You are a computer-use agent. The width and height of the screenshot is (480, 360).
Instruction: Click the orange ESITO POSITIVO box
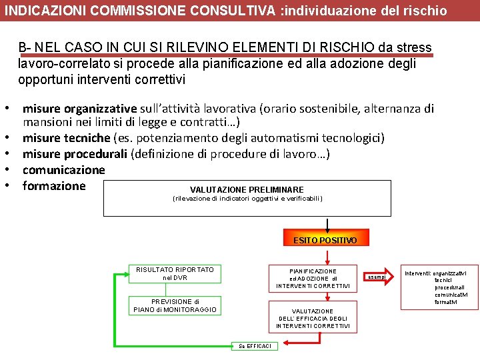point(325,240)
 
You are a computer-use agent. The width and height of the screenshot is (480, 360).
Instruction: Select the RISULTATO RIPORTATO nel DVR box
point(175,273)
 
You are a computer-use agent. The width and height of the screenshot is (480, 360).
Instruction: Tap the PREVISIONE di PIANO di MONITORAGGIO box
point(175,305)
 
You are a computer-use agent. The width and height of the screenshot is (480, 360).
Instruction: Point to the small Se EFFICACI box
point(256,345)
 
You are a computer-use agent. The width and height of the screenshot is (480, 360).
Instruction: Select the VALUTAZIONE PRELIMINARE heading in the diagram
point(247,189)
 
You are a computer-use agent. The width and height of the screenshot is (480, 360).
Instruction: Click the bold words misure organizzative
point(79,109)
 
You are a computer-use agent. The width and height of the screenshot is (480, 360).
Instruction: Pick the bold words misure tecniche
point(66,138)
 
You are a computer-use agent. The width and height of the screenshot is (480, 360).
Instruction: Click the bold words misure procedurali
point(75,154)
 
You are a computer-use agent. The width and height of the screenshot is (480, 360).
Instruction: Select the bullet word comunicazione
point(63,170)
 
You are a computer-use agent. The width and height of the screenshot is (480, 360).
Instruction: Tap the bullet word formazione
point(54,186)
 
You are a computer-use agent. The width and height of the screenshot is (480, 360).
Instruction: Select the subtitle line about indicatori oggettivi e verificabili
point(247,199)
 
